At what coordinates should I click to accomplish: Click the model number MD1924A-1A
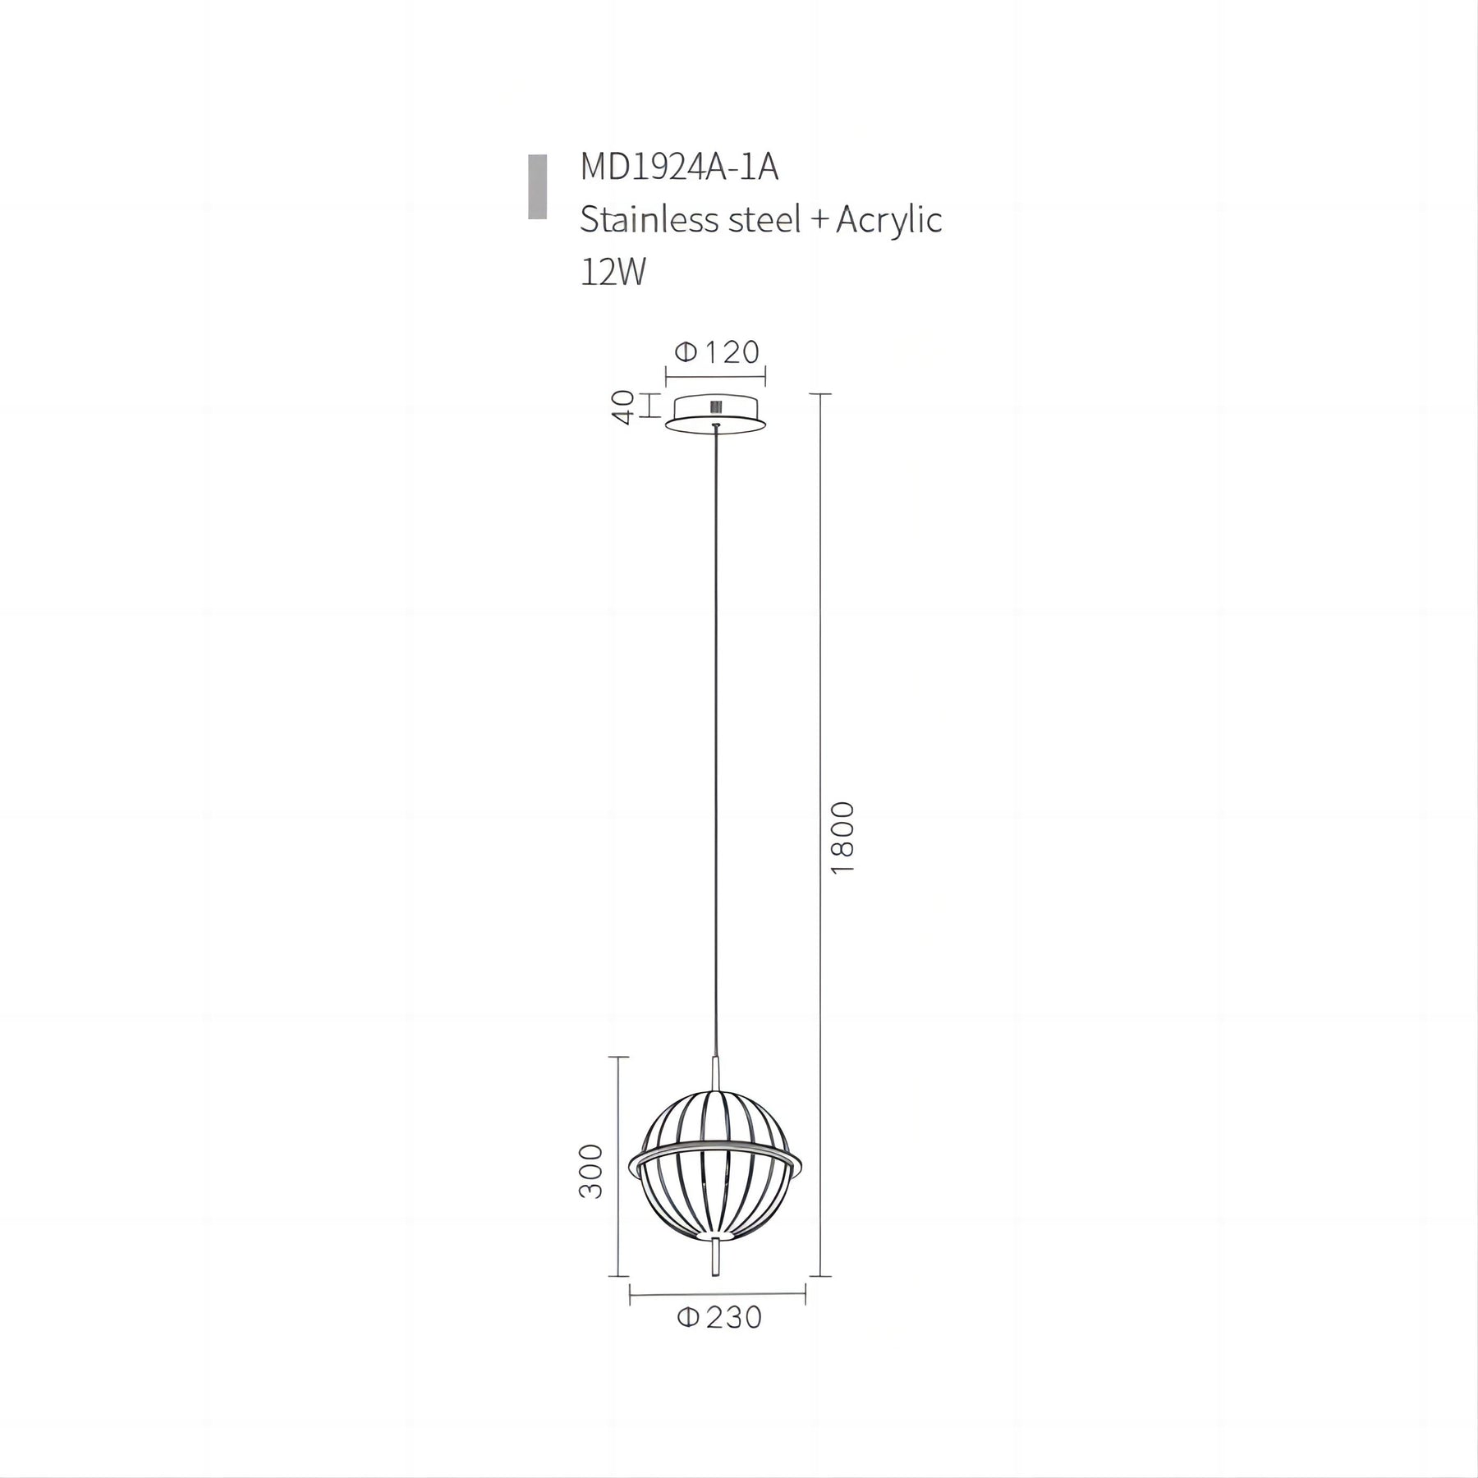(x=679, y=168)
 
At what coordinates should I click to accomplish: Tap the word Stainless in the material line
(x=649, y=220)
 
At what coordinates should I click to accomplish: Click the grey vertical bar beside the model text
(x=537, y=186)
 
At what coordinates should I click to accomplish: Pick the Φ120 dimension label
(x=717, y=352)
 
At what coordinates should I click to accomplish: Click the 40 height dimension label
(x=625, y=407)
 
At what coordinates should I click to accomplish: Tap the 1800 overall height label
(x=843, y=838)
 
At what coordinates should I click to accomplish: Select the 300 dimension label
(x=591, y=1170)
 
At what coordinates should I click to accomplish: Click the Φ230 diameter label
(x=719, y=1340)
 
